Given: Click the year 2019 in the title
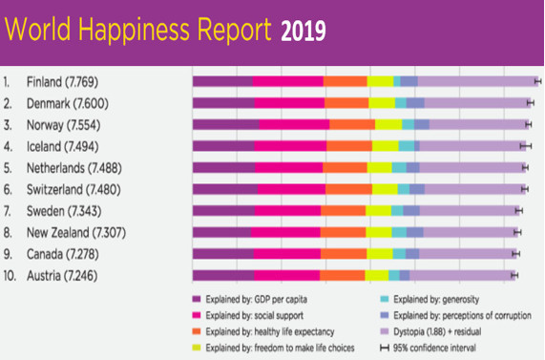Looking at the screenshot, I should click(303, 32).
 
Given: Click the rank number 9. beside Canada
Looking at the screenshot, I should click(9, 254).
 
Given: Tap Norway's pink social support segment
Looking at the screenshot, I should click(294, 125).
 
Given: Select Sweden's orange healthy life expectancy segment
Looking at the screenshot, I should click(344, 210).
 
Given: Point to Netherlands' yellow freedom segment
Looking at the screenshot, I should click(380, 167).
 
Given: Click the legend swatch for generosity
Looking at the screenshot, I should click(383, 299).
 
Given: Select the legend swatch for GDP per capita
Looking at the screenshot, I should click(197, 299).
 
